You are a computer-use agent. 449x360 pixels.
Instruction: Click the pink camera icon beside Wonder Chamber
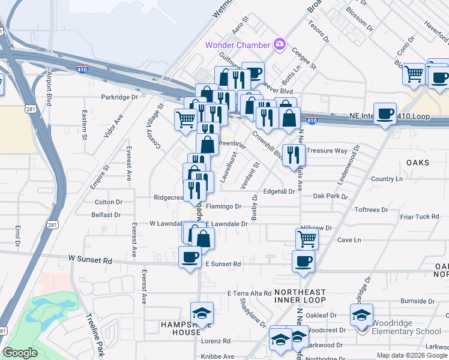coord(279,44)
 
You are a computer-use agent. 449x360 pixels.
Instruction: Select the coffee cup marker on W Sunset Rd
coord(190,257)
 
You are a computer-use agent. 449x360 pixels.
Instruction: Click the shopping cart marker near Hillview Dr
coord(307,239)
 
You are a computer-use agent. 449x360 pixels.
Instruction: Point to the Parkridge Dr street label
coord(119,97)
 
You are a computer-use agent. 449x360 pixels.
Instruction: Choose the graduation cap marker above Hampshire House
coord(202,313)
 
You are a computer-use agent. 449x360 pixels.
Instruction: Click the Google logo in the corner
coord(20,353)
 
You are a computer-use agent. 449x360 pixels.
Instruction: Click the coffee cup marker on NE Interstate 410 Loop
coord(385,113)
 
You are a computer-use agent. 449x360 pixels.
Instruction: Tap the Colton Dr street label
coord(109,202)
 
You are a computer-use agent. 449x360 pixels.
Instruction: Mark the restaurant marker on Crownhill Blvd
coord(293,154)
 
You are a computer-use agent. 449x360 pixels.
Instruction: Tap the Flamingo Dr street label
coord(223,206)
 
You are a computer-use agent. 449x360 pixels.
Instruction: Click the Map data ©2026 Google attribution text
coord(411,355)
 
